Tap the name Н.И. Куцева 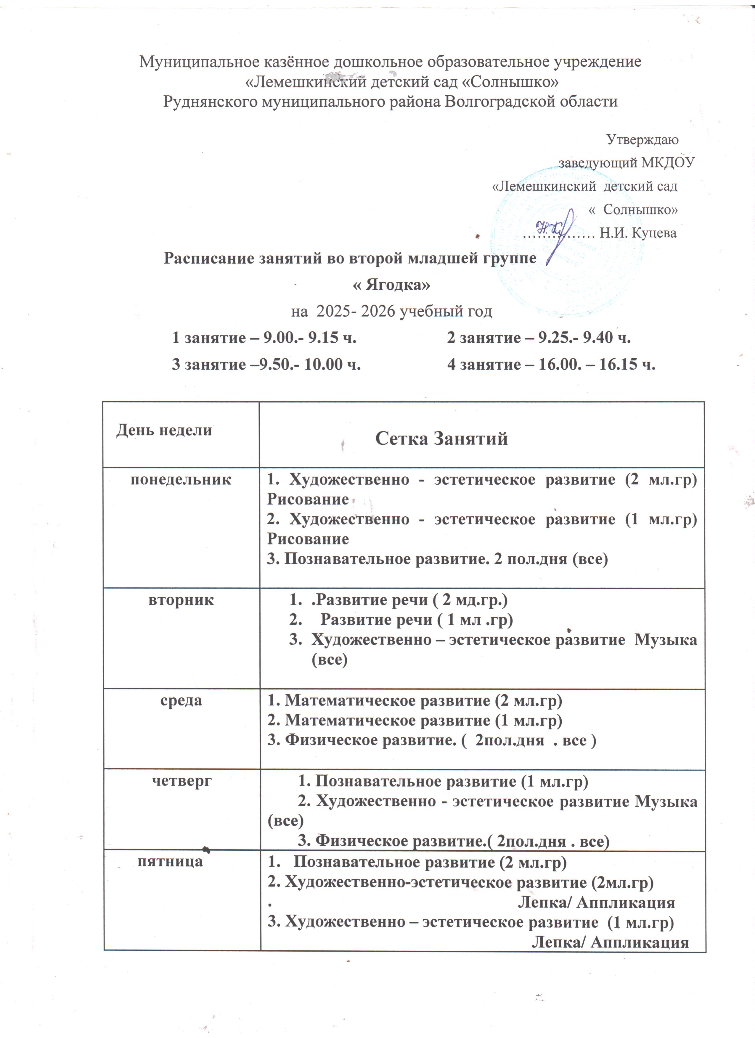[638, 233]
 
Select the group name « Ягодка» [391, 285]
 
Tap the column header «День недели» [164, 430]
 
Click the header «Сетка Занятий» [441, 439]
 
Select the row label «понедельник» [181, 480]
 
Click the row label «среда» [181, 701]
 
